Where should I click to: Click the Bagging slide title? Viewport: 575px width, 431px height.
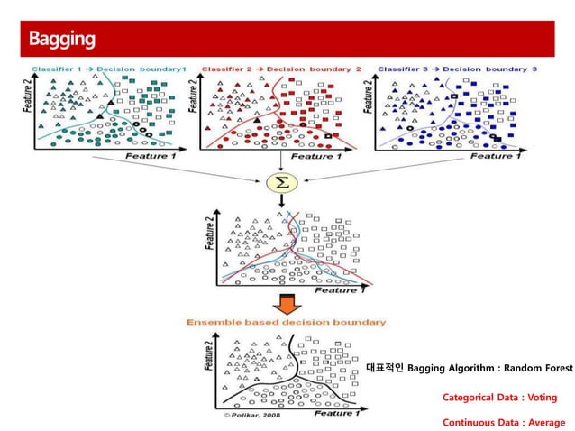[61, 40]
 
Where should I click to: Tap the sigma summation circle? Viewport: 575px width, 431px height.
[282, 183]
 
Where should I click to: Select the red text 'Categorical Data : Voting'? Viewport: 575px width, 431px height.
[499, 397]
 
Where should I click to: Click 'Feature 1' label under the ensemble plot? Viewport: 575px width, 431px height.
[338, 413]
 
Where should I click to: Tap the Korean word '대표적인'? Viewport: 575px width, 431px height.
[385, 368]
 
